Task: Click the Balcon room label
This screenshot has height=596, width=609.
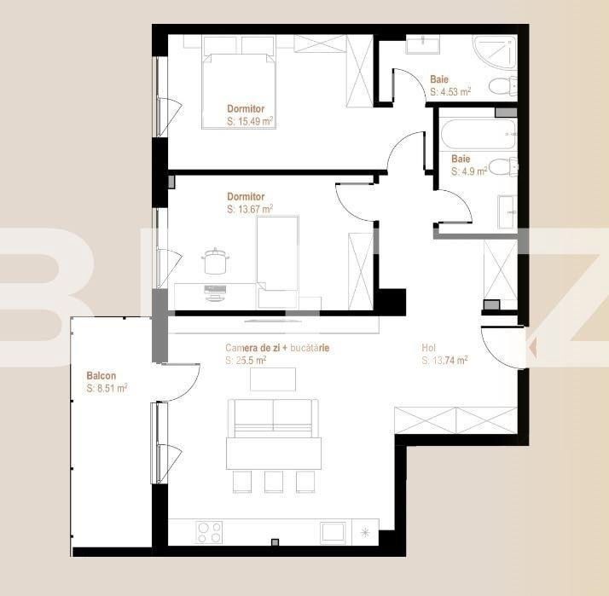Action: pyautogui.click(x=101, y=376)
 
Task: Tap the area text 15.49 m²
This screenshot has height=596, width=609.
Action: pyautogui.click(x=250, y=122)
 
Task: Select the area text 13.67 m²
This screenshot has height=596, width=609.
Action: pyautogui.click(x=250, y=209)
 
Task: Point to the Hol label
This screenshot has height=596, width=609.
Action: pyautogui.click(x=429, y=348)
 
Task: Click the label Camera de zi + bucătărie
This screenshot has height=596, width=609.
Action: pyautogui.click(x=277, y=348)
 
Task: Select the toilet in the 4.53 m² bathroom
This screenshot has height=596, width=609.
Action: pyautogui.click(x=503, y=86)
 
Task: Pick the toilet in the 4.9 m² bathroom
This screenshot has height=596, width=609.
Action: pyautogui.click(x=502, y=165)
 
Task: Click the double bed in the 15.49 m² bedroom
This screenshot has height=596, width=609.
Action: pyautogui.click(x=240, y=89)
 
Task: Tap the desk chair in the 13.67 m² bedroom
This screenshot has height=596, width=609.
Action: pyautogui.click(x=214, y=261)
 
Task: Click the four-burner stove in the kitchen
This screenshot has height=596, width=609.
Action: pyautogui.click(x=210, y=532)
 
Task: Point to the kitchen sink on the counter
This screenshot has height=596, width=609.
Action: pyautogui.click(x=337, y=532)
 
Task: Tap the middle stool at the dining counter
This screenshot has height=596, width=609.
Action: pyautogui.click(x=273, y=482)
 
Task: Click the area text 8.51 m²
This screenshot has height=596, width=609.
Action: pyautogui.click(x=107, y=389)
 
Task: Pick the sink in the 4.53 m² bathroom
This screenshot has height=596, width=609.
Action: pyautogui.click(x=420, y=43)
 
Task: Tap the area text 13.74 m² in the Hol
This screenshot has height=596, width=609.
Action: pyautogui.click(x=444, y=361)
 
